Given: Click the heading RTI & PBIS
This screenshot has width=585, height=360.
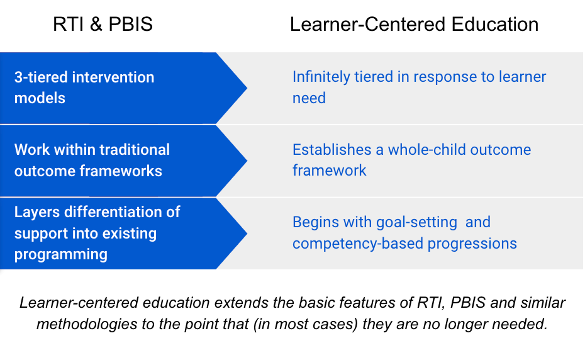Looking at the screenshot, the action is coord(103,25).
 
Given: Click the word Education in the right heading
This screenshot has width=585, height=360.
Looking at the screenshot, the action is coord(494,25).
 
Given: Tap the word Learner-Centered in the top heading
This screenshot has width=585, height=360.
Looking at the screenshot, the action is coord(367,25).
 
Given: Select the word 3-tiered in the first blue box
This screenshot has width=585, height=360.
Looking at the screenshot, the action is coord(41,77).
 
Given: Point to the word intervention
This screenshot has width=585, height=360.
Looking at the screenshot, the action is coord(113,77).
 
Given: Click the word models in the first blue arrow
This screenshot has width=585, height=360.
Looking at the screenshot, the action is coord(40,98).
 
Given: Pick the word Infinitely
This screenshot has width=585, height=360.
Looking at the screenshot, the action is coord(321,77).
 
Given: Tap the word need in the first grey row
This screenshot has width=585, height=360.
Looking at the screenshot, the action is coord(309,98).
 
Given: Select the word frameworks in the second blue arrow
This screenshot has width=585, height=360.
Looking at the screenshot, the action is coord(121,171).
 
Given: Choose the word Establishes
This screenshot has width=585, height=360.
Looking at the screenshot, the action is coord(331,150).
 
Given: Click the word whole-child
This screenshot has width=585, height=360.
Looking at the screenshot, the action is coord(427,150).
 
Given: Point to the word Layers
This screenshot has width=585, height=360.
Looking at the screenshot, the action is coord(37,212).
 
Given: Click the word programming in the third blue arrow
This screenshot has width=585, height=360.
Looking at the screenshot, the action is coord(61,255).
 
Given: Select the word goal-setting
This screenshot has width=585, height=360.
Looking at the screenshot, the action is coord(417,223).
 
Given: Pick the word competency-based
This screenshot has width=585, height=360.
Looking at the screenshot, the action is coord(358,244).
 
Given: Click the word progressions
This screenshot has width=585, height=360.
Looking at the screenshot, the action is coord(472,244).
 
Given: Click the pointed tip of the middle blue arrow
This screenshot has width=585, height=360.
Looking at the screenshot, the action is coord(247,160).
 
